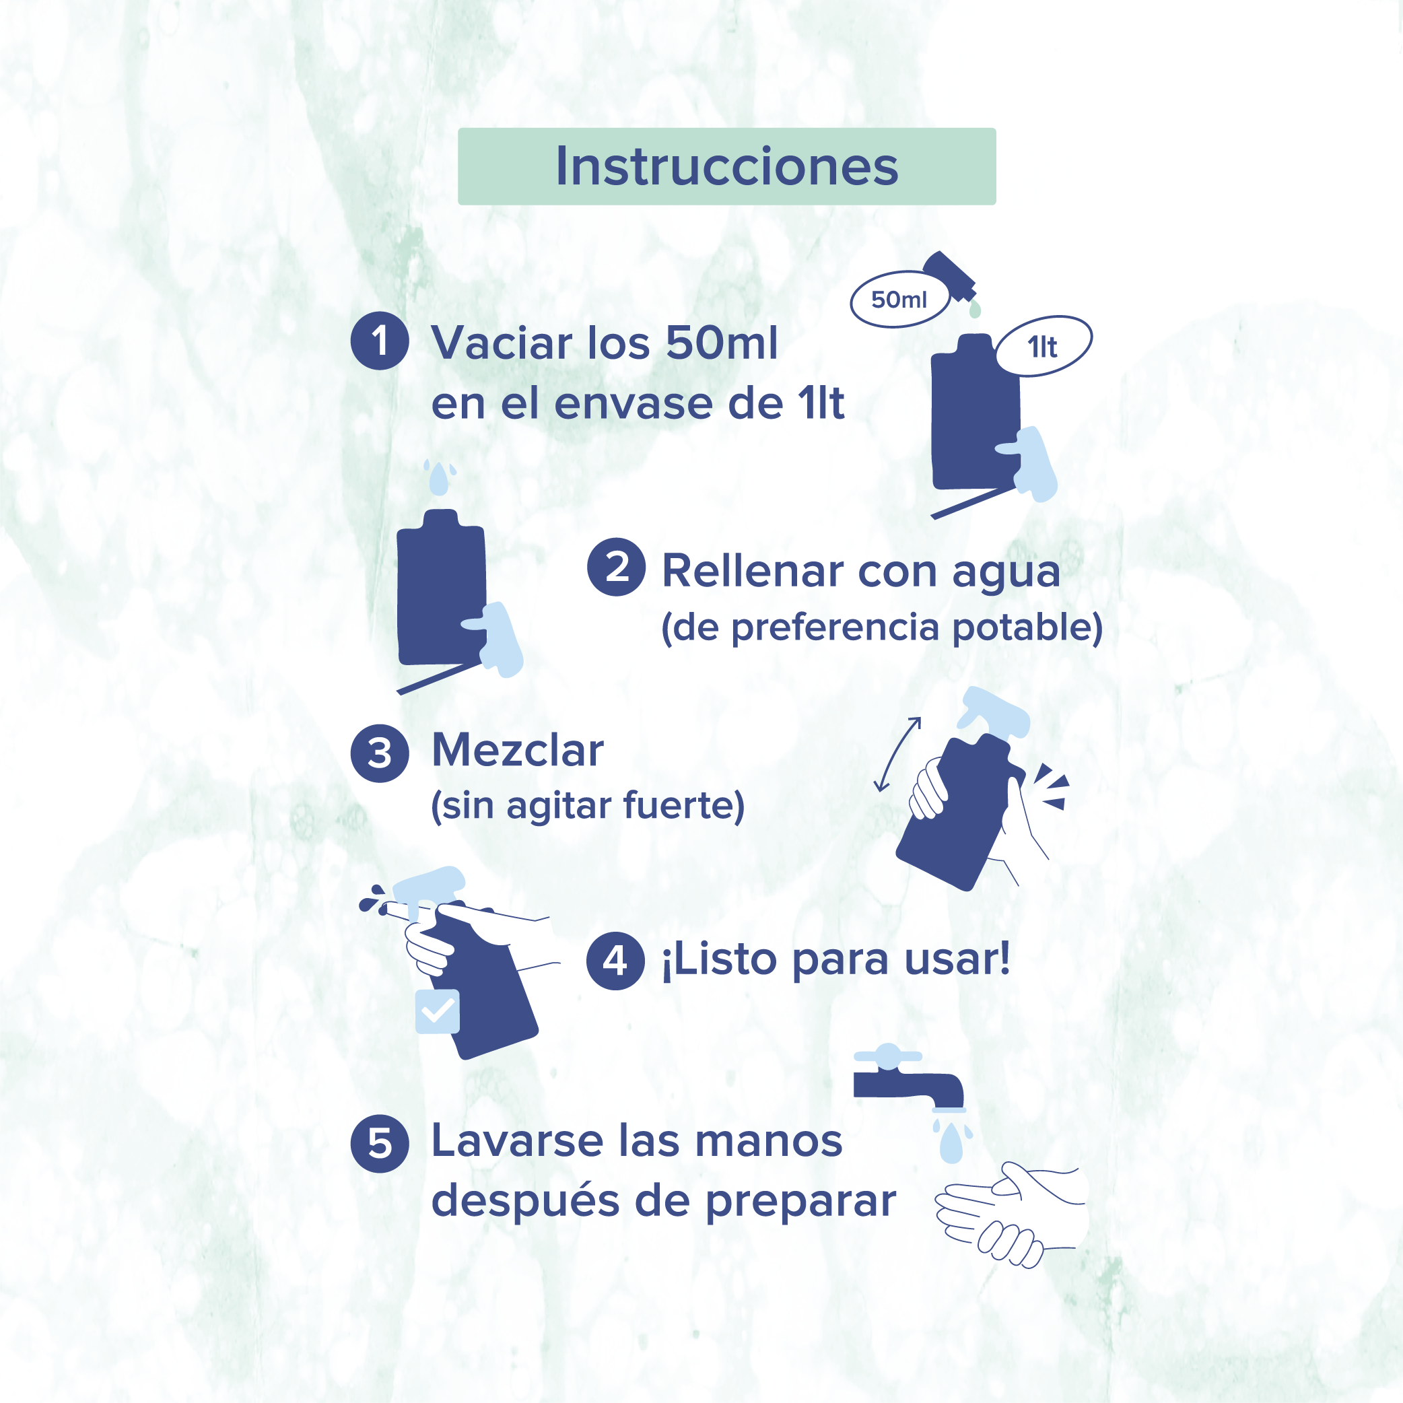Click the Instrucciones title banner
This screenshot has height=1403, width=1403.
[x=726, y=166]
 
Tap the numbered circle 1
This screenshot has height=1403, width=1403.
[x=379, y=341]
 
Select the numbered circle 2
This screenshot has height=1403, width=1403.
[x=616, y=566]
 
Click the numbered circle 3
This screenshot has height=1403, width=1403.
[x=379, y=753]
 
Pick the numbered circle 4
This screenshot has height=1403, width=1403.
[x=615, y=961]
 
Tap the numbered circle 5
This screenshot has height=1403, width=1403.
[x=379, y=1144]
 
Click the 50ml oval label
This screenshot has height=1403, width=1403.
[x=899, y=299]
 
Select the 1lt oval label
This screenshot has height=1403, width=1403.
[x=1043, y=347]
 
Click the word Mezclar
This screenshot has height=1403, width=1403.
[x=517, y=749]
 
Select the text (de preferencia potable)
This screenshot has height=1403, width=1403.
[x=881, y=627]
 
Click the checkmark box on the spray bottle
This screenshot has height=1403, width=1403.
[x=437, y=1011]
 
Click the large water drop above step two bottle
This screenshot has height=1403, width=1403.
[x=439, y=479]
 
